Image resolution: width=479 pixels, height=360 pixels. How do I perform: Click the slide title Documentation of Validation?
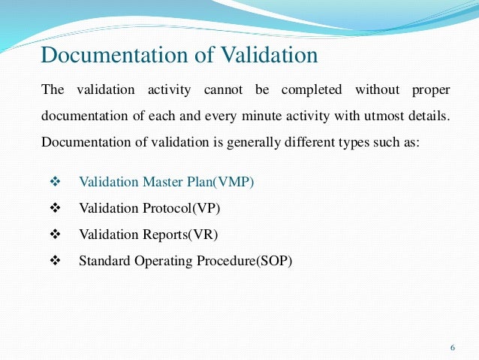point(179,56)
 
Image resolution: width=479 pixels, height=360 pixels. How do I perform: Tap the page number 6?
point(452,347)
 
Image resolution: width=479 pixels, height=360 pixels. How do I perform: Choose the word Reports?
point(166,235)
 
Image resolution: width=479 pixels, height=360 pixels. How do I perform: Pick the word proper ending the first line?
point(430,91)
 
